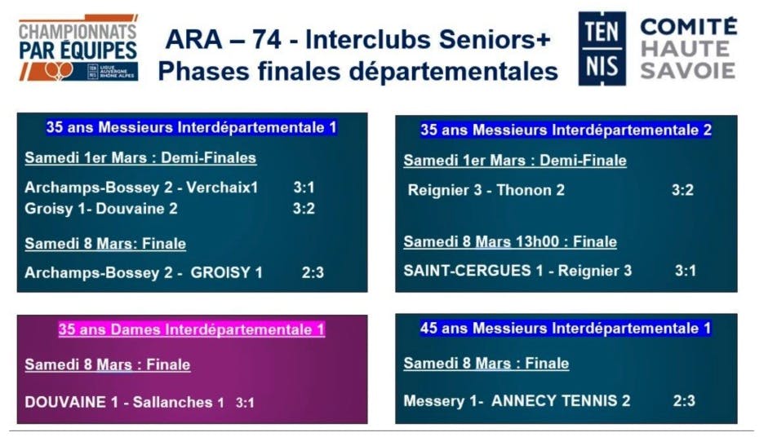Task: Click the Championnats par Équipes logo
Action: (78, 47)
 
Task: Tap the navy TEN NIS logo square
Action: (602, 48)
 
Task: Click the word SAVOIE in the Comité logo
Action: (687, 71)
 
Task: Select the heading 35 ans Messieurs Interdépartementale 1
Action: (191, 128)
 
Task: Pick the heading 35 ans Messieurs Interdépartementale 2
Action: (566, 130)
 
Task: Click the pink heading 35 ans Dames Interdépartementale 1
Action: (191, 329)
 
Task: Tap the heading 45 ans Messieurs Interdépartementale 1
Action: (566, 329)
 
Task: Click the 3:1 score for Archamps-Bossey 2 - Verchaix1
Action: (304, 188)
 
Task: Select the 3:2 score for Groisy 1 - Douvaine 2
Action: (304, 209)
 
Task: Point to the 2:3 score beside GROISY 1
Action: (313, 273)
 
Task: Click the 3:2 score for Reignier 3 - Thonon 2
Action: (682, 190)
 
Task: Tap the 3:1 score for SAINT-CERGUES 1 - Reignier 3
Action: (686, 271)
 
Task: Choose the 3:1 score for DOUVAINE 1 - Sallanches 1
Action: (245, 403)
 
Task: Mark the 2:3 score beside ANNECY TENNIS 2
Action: (684, 401)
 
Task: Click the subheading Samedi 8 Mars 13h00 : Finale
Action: (510, 242)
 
